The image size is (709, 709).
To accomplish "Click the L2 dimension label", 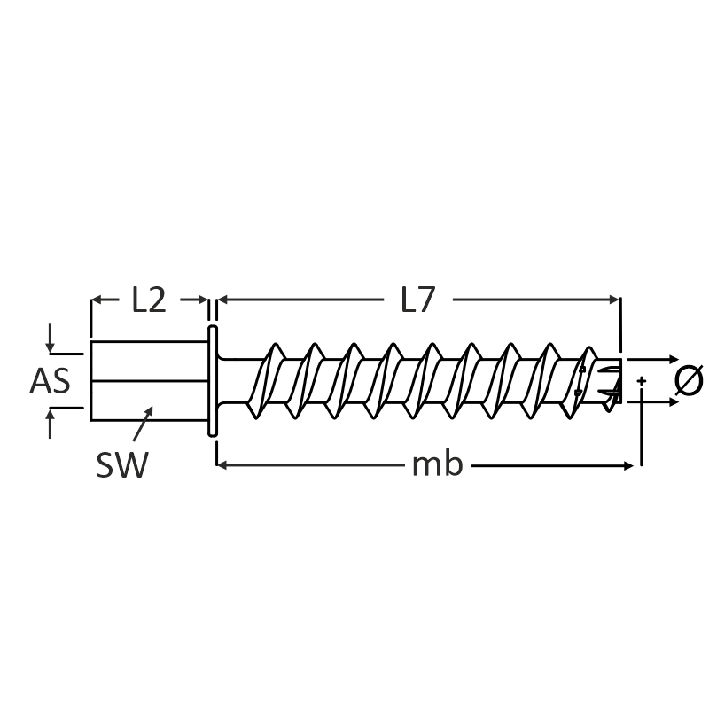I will click(149, 300).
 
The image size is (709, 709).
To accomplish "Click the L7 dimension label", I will click(417, 300).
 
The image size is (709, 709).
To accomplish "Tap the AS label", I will click(50, 381).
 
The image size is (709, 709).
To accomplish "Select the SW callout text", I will click(121, 464).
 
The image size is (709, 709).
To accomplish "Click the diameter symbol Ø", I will click(689, 380).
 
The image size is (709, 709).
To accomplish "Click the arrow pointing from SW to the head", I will click(143, 421).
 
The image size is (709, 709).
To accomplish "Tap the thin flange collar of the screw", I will click(212, 381).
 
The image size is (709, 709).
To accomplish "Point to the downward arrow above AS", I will click(51, 341).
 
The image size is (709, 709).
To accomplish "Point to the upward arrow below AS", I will click(51, 420).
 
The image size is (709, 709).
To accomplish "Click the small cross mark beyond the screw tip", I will click(641, 381).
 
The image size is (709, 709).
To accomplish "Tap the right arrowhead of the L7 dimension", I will click(614, 300).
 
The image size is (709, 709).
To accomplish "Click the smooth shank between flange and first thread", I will click(238, 381).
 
